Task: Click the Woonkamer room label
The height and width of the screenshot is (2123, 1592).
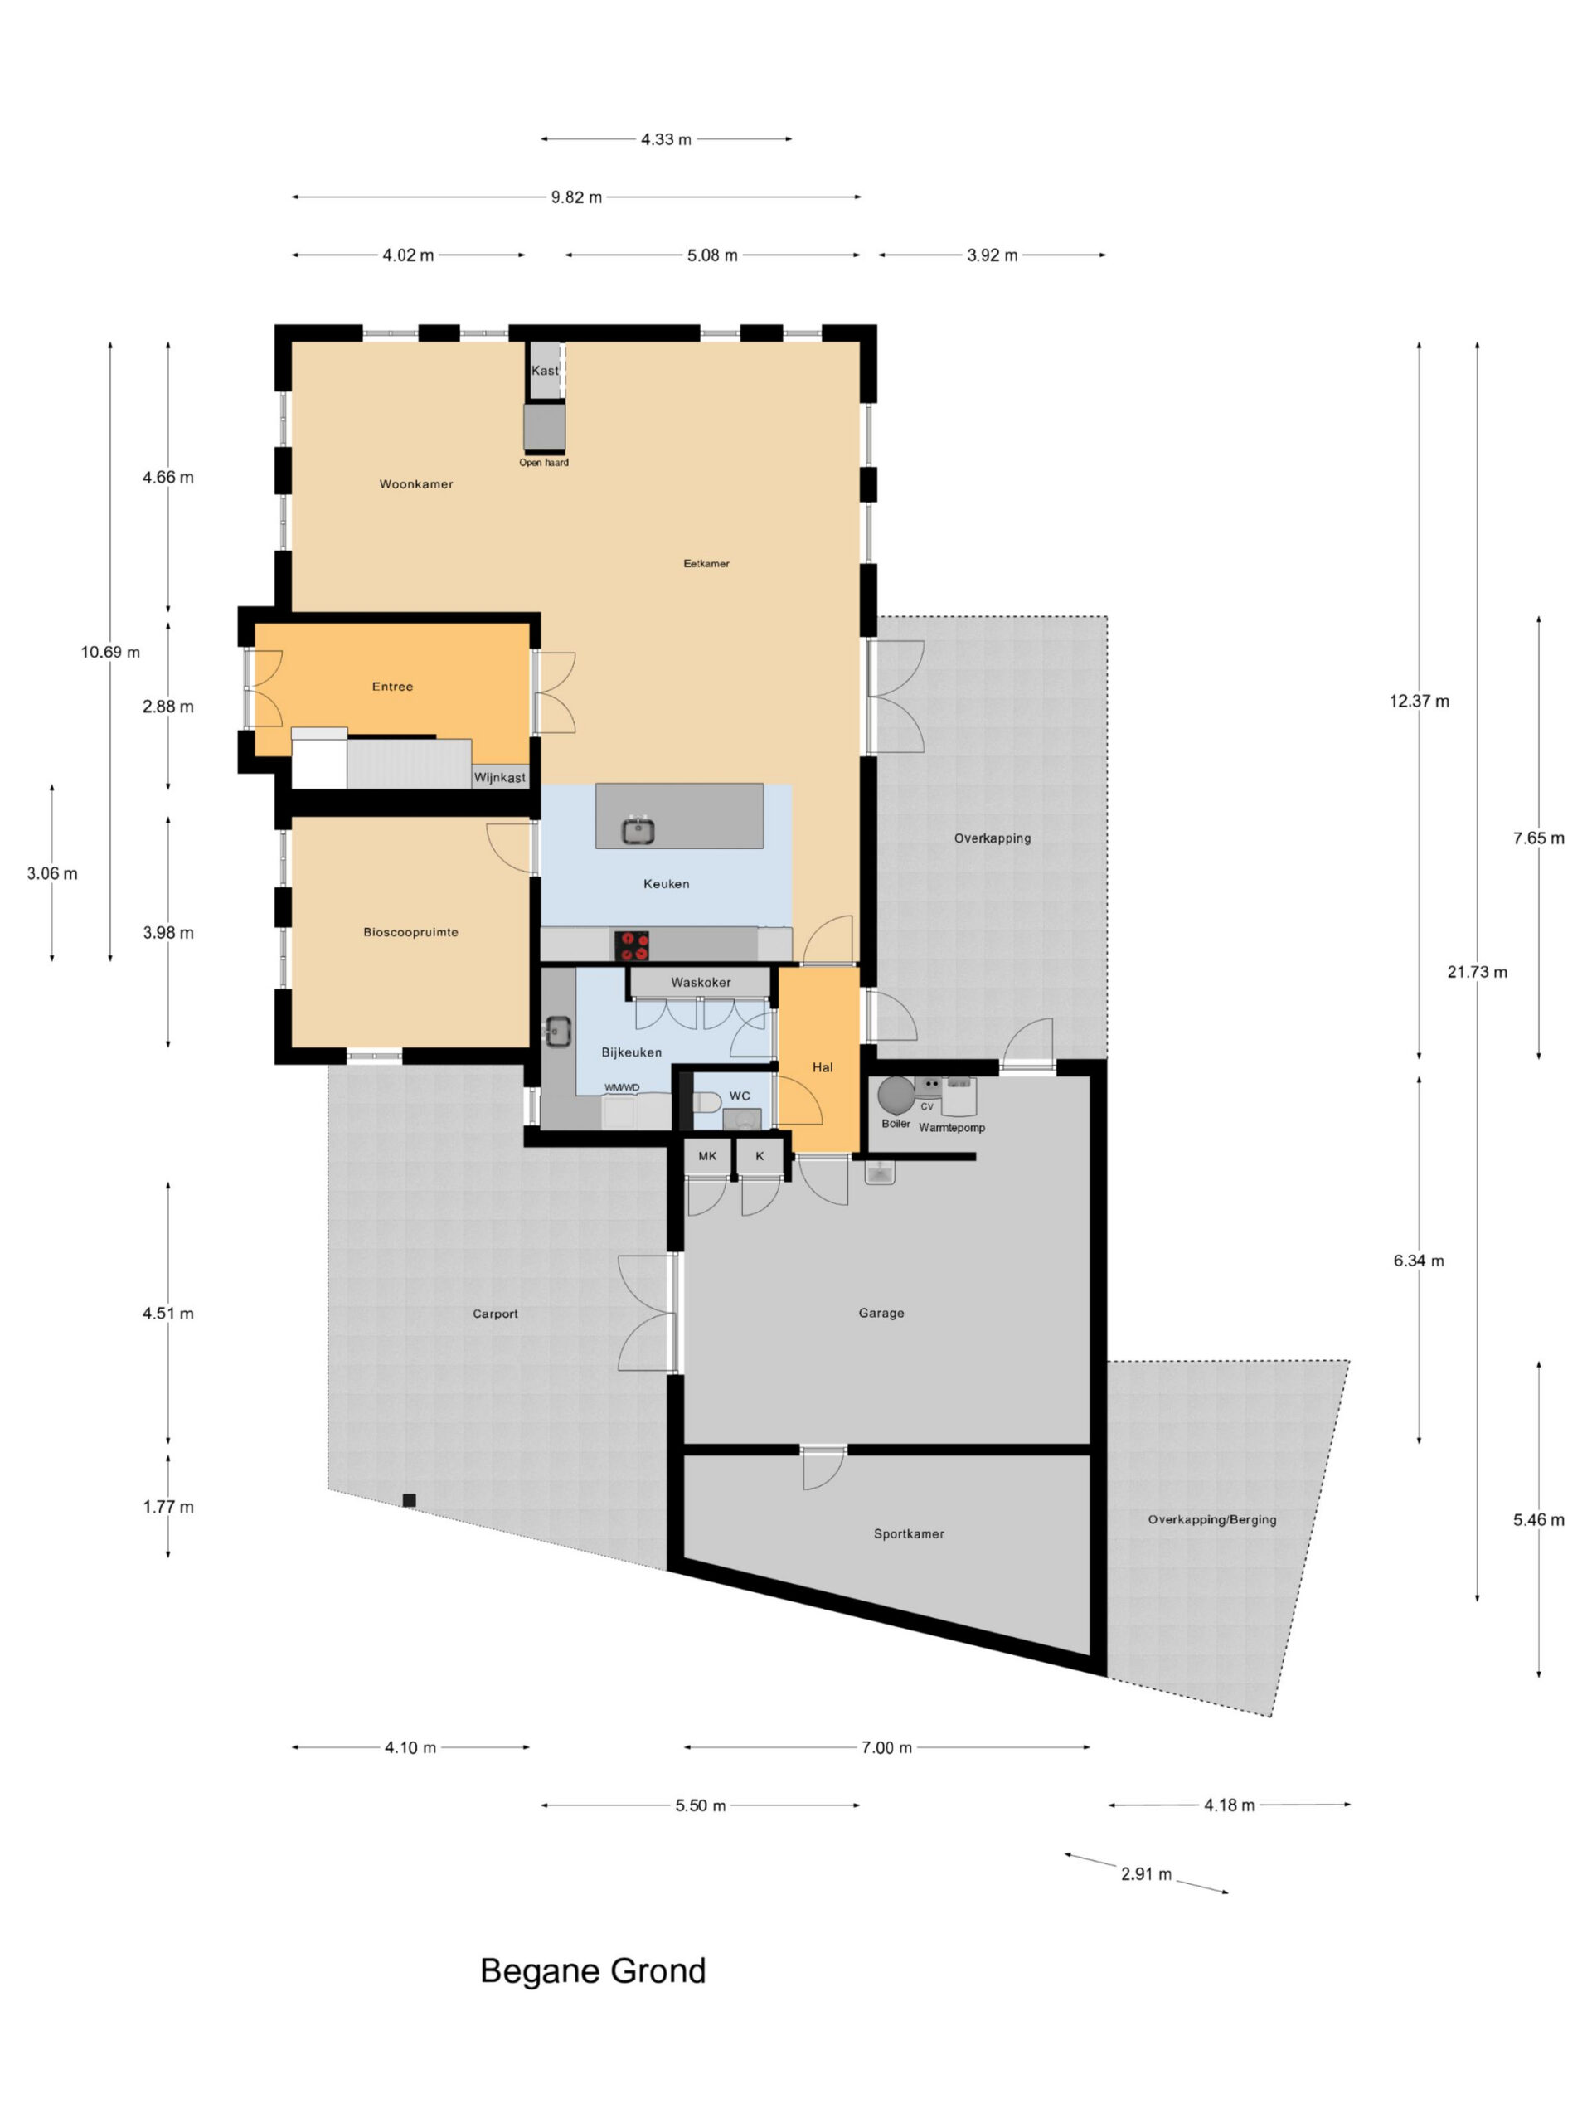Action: coord(415,483)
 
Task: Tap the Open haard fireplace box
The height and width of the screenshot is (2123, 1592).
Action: coord(544,427)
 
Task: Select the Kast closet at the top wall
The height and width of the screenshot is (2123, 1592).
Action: coord(545,371)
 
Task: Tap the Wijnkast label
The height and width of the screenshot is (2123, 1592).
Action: coord(499,777)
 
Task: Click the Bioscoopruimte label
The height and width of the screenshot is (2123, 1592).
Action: coord(410,932)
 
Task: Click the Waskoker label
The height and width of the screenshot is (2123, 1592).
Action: coord(701,982)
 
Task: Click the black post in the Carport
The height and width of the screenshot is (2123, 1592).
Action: coord(409,1500)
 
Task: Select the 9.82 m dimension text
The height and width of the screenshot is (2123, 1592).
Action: coord(575,197)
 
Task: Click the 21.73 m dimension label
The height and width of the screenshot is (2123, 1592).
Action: coord(1476,972)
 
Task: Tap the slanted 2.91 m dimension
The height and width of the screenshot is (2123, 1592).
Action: coord(1146,1873)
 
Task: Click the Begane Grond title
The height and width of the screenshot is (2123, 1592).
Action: coord(592,1971)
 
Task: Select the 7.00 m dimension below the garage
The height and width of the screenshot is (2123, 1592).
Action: coord(886,1747)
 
